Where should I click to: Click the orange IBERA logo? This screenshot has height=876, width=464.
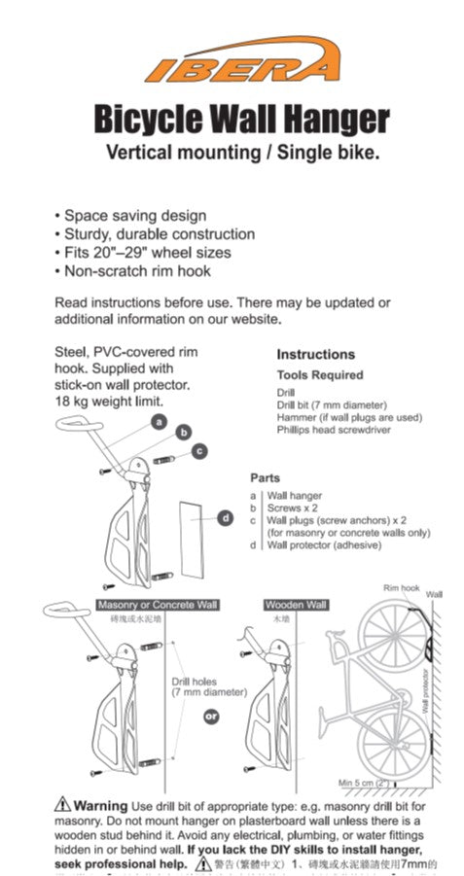[241, 60]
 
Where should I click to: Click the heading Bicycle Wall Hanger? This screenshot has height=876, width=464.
[241, 119]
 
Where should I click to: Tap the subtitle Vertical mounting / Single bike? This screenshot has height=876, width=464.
[241, 153]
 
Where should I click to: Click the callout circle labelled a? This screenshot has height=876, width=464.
[160, 420]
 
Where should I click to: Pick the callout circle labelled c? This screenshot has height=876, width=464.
[198, 450]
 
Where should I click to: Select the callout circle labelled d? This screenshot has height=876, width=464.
[226, 518]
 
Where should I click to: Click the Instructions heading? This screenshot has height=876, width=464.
[315, 355]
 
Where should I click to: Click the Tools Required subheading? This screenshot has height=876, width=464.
[319, 375]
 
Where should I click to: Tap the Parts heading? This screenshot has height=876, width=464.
[265, 478]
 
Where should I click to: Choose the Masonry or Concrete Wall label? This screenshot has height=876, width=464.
[157, 605]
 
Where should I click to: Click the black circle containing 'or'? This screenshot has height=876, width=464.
[209, 718]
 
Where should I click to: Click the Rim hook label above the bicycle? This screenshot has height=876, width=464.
[401, 589]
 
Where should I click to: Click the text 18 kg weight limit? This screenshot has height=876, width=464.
[109, 401]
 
